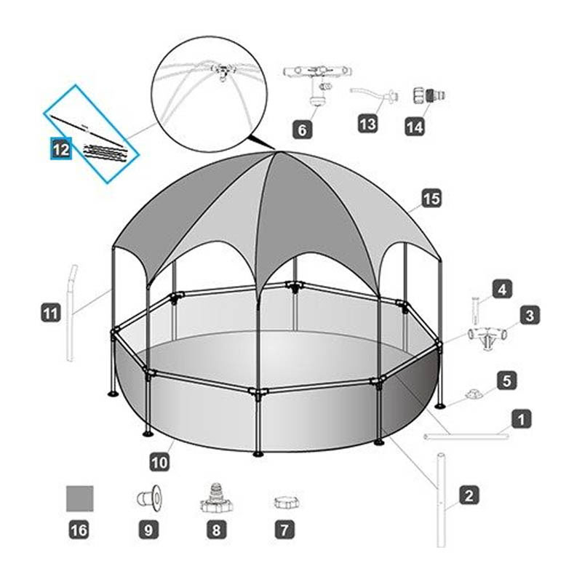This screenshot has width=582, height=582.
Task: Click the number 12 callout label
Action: pyautogui.click(x=61, y=149)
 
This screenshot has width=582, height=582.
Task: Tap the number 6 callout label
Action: pyautogui.click(x=302, y=129)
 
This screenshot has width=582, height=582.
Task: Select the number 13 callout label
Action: pyautogui.click(x=368, y=123)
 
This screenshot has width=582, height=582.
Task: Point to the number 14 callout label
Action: pyautogui.click(x=415, y=127)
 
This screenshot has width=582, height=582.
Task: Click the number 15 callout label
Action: pyautogui.click(x=431, y=198)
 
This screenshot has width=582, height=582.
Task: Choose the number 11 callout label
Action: pyautogui.click(x=51, y=312)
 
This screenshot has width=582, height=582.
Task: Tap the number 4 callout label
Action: pyautogui.click(x=502, y=289)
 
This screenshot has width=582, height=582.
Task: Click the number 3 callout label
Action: pyautogui.click(x=530, y=315)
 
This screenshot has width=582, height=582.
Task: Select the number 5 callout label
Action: pyautogui.click(x=507, y=380)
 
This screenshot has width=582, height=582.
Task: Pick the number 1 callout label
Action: pyautogui.click(x=521, y=419)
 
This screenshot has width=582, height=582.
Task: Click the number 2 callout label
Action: pyautogui.click(x=469, y=495)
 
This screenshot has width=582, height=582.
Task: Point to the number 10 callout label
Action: pyautogui.click(x=159, y=462)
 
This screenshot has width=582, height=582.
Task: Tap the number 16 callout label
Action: pyautogui.click(x=79, y=530)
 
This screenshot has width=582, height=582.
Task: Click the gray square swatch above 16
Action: pyautogui.click(x=80, y=498)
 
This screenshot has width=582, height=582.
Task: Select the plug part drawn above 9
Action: pyautogui.click(x=150, y=495)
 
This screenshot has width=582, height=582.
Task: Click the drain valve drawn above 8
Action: pyautogui.click(x=216, y=498)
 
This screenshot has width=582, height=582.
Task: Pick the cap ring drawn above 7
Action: pyautogui.click(x=286, y=503)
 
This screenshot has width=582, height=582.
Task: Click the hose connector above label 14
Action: pyautogui.click(x=428, y=96)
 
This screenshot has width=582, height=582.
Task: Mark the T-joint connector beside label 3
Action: pyautogui.click(x=487, y=336)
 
